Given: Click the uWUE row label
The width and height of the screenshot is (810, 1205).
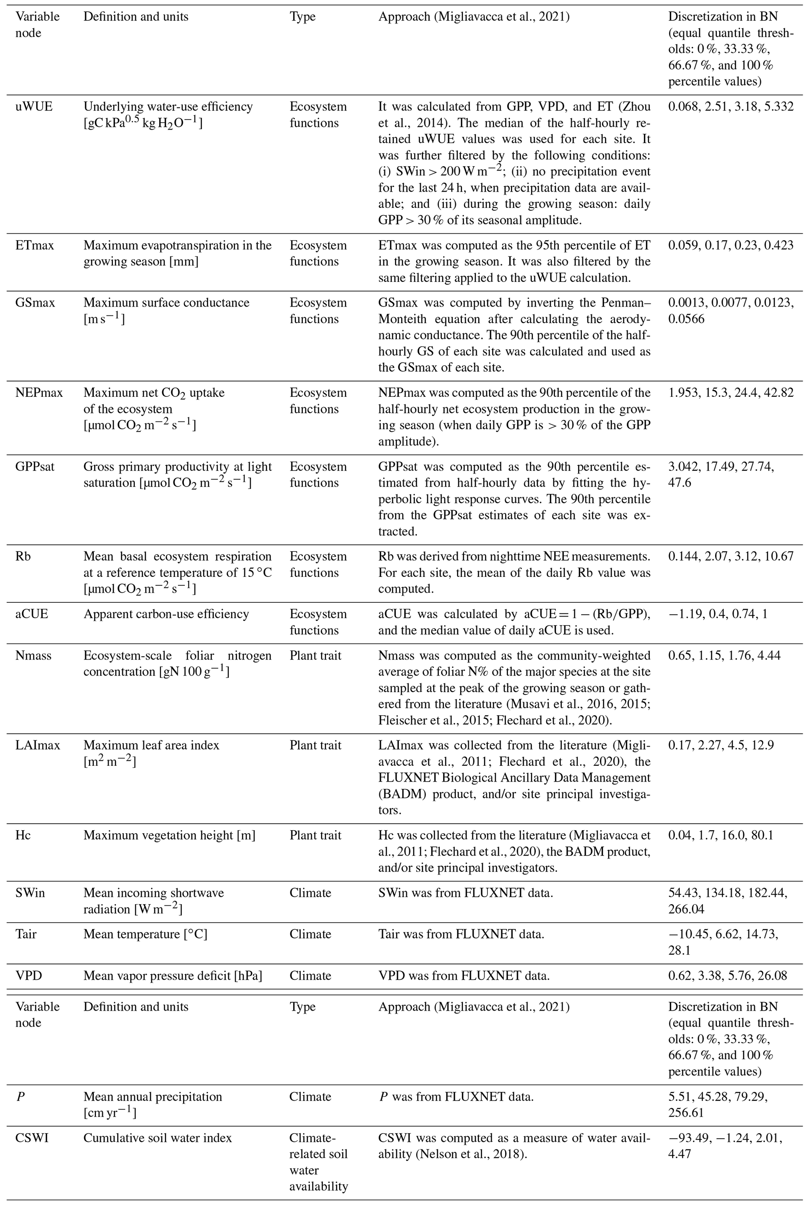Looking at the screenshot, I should [x=34, y=107].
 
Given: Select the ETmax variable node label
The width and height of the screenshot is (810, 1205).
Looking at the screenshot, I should [x=34, y=245].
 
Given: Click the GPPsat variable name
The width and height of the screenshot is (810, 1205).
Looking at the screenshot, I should [x=34, y=467].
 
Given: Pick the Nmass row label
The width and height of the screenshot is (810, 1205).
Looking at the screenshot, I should [x=34, y=656].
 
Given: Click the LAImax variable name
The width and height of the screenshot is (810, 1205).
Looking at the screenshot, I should [x=38, y=745].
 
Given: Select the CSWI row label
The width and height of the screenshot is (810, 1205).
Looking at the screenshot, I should [x=32, y=1138].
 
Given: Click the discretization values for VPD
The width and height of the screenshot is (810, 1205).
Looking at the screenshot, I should [x=727, y=976].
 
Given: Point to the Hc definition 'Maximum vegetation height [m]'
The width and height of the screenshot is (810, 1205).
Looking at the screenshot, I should [x=169, y=835].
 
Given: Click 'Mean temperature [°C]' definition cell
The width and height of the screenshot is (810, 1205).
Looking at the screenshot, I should [x=145, y=934].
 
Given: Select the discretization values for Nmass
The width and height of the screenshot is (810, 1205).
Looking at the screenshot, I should [x=724, y=656].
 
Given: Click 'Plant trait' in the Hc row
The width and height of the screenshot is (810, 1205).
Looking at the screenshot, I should [x=315, y=835].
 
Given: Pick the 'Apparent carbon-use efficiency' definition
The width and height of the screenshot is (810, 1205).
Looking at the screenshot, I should [x=166, y=614].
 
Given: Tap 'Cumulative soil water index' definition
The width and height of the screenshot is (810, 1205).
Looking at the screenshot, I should [x=158, y=1138].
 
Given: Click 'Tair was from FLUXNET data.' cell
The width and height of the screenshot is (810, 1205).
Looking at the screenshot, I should [x=461, y=934].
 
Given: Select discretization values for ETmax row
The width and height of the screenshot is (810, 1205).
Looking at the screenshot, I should [x=730, y=245].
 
